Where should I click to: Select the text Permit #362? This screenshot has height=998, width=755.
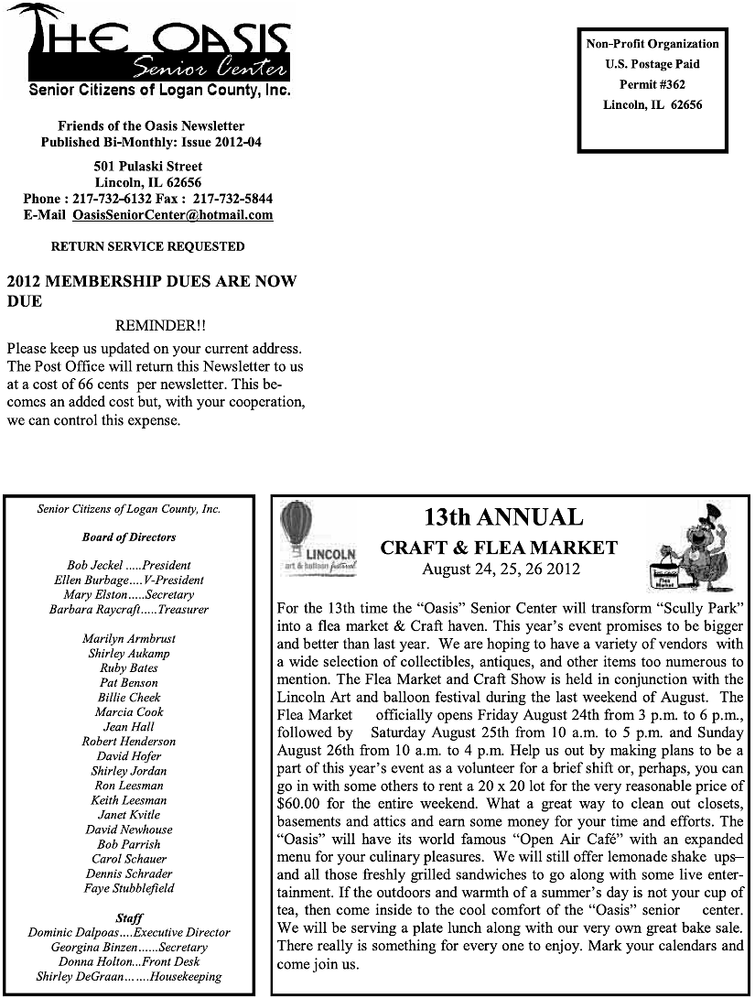pos(653,84)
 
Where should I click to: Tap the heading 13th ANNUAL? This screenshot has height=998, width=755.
pos(503,517)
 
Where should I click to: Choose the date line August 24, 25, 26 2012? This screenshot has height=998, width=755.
pos(501,570)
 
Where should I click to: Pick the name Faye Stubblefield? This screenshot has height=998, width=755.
pos(128,888)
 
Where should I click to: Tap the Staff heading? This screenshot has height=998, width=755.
pos(129,917)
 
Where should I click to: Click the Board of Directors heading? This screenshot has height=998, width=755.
pos(129,537)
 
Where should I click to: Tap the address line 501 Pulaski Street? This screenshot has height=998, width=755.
pos(148,167)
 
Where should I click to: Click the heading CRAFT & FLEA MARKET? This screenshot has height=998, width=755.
pos(499,548)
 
